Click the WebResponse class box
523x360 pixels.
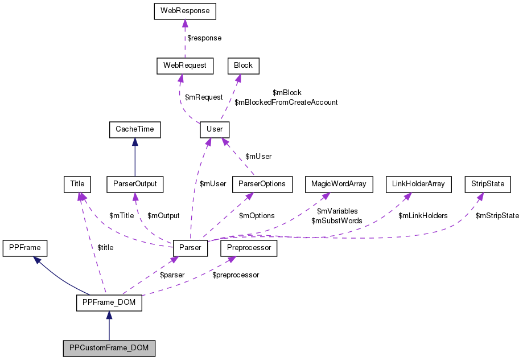point(185,11)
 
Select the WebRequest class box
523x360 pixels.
point(185,66)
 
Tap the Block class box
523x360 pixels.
point(243,66)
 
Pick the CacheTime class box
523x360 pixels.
point(135,129)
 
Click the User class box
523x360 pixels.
point(215,129)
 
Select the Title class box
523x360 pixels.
point(77,184)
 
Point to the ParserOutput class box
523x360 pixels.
point(135,184)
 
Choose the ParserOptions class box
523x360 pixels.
point(262,184)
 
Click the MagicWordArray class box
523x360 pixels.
point(339,184)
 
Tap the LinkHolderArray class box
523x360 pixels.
point(418,184)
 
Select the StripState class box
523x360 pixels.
point(488,184)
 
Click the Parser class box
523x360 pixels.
point(190,248)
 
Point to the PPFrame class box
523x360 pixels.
point(25,248)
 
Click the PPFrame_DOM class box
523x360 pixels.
point(109,302)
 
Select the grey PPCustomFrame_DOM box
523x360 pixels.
point(109,347)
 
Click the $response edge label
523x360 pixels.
point(204,38)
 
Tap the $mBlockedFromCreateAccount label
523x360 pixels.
point(286,103)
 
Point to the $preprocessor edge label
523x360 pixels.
point(236,275)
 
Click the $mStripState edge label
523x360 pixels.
point(497,216)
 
